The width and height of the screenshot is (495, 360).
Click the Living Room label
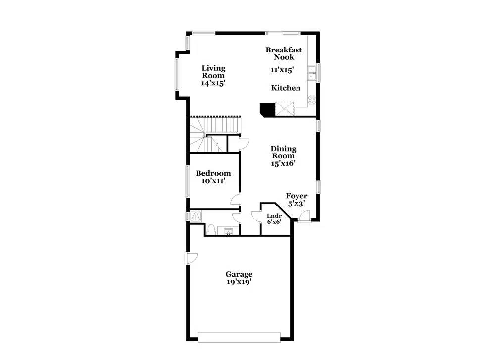point(214,72)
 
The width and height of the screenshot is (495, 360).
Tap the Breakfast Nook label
point(284,53)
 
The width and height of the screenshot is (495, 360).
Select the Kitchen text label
point(286,88)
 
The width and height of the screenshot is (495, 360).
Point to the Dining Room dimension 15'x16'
point(283,163)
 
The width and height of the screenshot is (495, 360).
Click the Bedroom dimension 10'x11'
point(213,181)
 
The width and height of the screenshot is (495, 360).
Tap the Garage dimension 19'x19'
point(239,282)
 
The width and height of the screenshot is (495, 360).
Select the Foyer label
point(297,196)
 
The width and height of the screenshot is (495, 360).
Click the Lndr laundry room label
point(274,216)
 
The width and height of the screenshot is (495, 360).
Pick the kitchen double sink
point(312,73)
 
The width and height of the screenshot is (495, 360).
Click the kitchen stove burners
point(312,100)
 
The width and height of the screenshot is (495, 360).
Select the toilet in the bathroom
point(211,229)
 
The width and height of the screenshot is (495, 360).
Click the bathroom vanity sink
point(228,231)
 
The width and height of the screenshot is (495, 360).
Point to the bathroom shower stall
point(196,216)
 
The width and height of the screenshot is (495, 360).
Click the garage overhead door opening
point(239,337)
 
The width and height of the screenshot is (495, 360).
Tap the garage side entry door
point(191,258)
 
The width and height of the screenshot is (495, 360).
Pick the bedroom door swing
point(236,200)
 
